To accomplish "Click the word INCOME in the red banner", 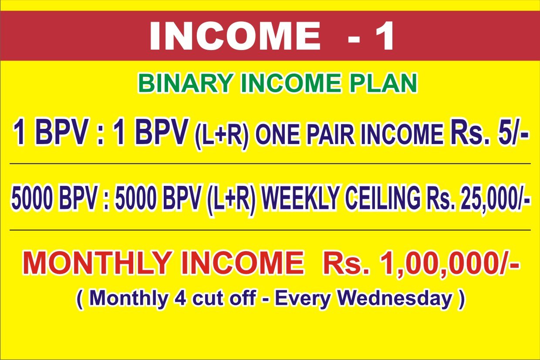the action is [x=235, y=36].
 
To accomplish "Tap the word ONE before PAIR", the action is [x=278, y=134].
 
